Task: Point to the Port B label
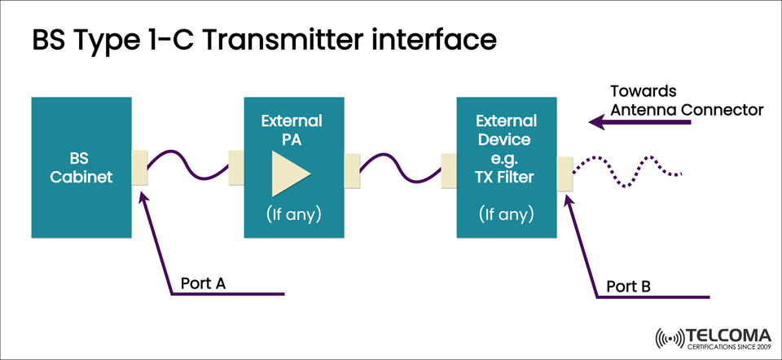click(629, 287)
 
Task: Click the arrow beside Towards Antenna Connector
click(639, 123)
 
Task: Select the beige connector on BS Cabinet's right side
click(139, 167)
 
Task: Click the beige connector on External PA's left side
click(237, 167)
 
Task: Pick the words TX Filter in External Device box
click(506, 175)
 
